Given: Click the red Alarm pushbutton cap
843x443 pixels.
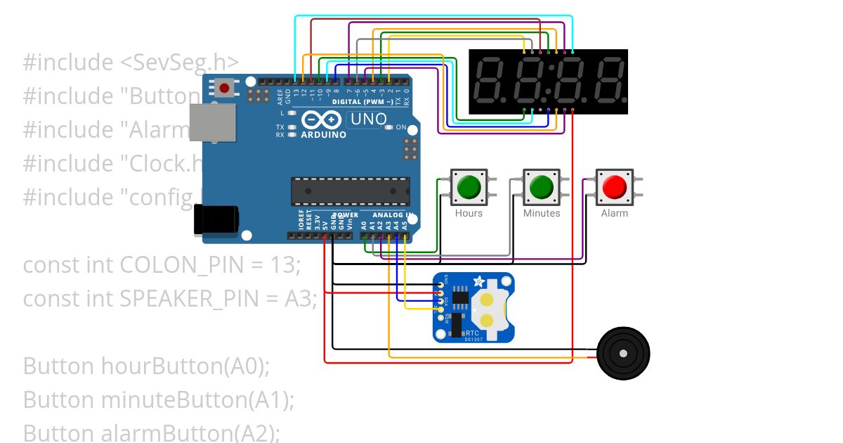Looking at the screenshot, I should click(615, 186).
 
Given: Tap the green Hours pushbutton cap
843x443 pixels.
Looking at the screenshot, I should click(469, 186).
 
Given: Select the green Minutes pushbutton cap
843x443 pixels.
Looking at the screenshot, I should click(541, 186).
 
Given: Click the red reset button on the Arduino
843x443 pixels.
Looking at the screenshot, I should click(224, 88).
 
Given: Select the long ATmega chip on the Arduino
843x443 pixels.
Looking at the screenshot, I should click(351, 192).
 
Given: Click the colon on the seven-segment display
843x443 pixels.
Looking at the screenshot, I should click(549, 81).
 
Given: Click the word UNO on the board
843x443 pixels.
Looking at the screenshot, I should click(369, 120).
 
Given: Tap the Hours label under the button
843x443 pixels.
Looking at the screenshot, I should click(469, 213).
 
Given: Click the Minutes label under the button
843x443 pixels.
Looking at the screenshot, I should click(542, 213).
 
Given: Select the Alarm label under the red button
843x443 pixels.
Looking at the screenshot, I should click(615, 213).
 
